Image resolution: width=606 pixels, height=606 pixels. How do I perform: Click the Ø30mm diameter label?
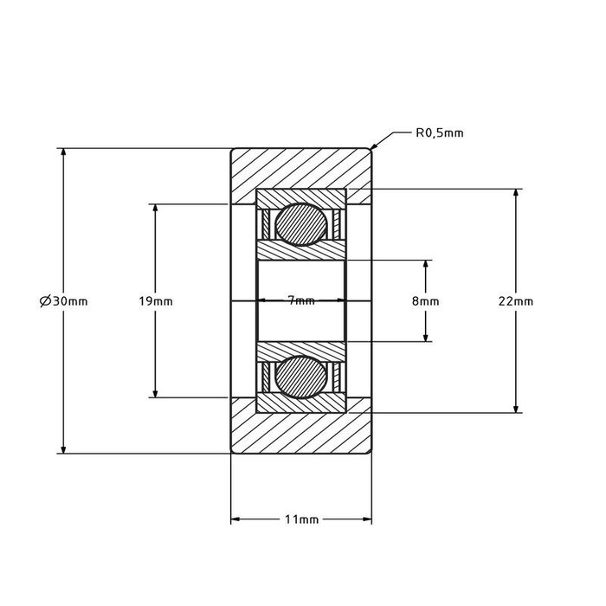63,301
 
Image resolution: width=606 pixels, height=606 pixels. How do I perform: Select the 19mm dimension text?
155,301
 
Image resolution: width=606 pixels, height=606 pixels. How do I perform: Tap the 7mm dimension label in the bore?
301,300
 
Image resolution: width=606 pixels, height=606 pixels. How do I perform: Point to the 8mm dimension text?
425,301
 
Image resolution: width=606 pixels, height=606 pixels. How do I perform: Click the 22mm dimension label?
516,301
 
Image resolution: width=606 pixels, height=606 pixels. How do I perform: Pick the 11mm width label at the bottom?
301,520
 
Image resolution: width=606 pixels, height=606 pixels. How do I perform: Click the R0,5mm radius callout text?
439,133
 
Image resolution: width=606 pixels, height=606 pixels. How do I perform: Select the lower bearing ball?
301,377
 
